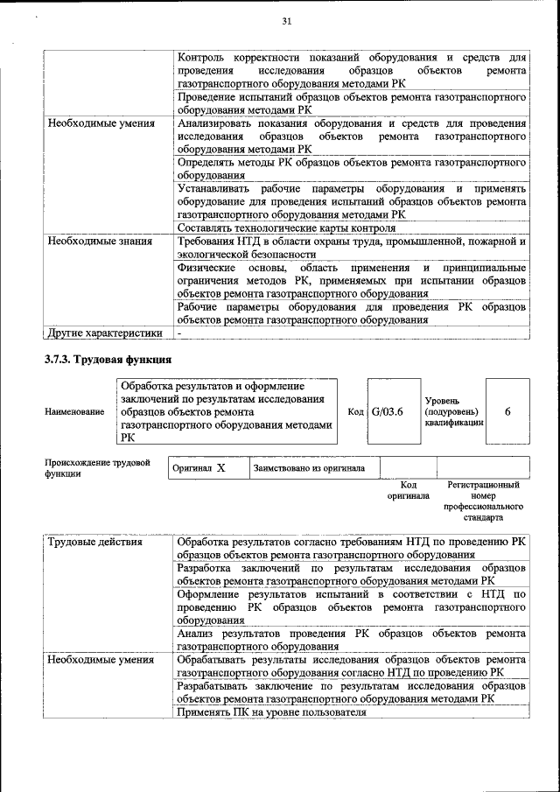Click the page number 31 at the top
(285, 22)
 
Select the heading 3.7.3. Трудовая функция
(108, 360)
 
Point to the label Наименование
(73, 411)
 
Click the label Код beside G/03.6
(355, 412)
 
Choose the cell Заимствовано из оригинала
(309, 468)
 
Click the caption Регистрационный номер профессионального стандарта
(483, 501)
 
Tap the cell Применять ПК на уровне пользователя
(270, 713)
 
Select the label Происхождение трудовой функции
(97, 468)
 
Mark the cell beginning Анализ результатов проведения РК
(350, 640)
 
